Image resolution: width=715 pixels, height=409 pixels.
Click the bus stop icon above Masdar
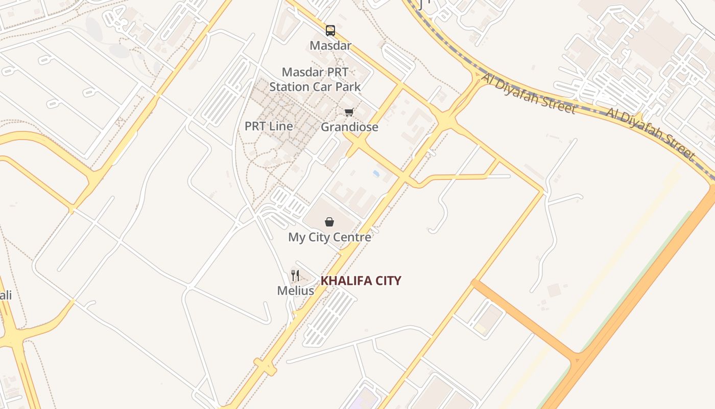(330, 31)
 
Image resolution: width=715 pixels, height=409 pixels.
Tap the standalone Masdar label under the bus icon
(330, 46)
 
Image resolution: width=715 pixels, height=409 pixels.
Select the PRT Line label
(269, 126)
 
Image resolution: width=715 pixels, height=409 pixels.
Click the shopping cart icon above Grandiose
(349, 112)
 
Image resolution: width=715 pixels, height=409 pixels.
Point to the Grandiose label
(349, 127)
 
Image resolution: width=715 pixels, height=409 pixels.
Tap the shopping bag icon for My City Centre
(329, 222)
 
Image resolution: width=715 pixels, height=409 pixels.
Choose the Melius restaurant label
(295, 291)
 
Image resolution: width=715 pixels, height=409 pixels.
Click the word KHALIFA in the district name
(345, 281)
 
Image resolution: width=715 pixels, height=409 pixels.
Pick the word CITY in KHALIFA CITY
(387, 281)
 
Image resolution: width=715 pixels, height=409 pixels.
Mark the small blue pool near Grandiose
(376, 174)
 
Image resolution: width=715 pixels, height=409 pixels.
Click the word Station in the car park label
(290, 87)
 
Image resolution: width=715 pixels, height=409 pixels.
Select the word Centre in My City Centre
(352, 237)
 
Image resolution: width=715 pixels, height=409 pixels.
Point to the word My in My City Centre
(296, 237)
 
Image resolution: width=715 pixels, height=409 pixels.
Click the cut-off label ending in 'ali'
(6, 295)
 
